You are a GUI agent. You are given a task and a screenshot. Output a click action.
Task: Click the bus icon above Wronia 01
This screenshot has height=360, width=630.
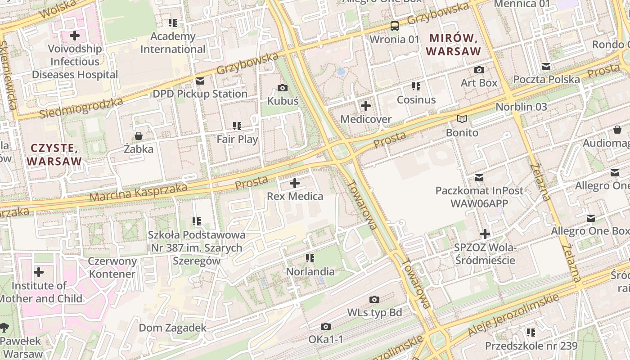pyautogui.click(x=395, y=26)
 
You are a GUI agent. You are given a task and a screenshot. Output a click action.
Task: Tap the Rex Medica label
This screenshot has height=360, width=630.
pyautogui.click(x=295, y=196)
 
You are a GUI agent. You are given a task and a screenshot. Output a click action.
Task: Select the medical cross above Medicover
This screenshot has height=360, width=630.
pyautogui.click(x=366, y=106)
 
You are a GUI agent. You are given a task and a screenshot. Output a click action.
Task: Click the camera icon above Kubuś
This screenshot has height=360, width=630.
pyautogui.click(x=283, y=88)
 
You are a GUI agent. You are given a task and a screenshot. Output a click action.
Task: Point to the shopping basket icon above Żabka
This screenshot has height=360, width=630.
pyautogui.click(x=139, y=136)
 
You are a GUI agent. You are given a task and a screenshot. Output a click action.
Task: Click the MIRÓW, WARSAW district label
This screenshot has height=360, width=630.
pyautogui.click(x=454, y=45)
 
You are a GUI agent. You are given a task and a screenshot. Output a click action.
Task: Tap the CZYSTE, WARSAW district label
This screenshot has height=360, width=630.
pyautogui.click(x=54, y=154)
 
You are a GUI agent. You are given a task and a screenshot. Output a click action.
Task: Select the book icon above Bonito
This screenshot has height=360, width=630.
pyautogui.click(x=462, y=119)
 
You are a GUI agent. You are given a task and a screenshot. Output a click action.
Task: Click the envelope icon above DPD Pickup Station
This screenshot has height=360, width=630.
pyautogui.click(x=200, y=81)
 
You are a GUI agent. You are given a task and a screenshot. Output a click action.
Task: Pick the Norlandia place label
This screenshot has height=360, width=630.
pyautogui.click(x=310, y=271)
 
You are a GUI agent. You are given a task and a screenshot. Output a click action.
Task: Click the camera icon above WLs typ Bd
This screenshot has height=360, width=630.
pyautogui.click(x=374, y=299)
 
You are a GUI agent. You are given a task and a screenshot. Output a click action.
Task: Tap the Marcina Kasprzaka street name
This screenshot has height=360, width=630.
pyautogui.click(x=138, y=192)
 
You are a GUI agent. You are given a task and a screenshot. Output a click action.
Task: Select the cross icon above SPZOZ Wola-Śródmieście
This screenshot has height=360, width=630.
pyautogui.click(x=485, y=234)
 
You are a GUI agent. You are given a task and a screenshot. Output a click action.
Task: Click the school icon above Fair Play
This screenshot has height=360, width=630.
pyautogui.click(x=237, y=126)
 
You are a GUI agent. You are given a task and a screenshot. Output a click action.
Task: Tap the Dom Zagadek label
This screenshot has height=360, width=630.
pyautogui.click(x=172, y=328)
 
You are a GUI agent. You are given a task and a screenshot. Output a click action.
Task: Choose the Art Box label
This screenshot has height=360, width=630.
pyautogui.click(x=479, y=83)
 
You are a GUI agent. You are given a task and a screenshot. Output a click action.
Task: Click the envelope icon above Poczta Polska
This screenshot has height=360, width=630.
pyautogui.click(x=546, y=67)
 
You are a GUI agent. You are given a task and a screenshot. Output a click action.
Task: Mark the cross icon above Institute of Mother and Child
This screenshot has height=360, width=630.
pyautogui.click(x=39, y=272)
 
